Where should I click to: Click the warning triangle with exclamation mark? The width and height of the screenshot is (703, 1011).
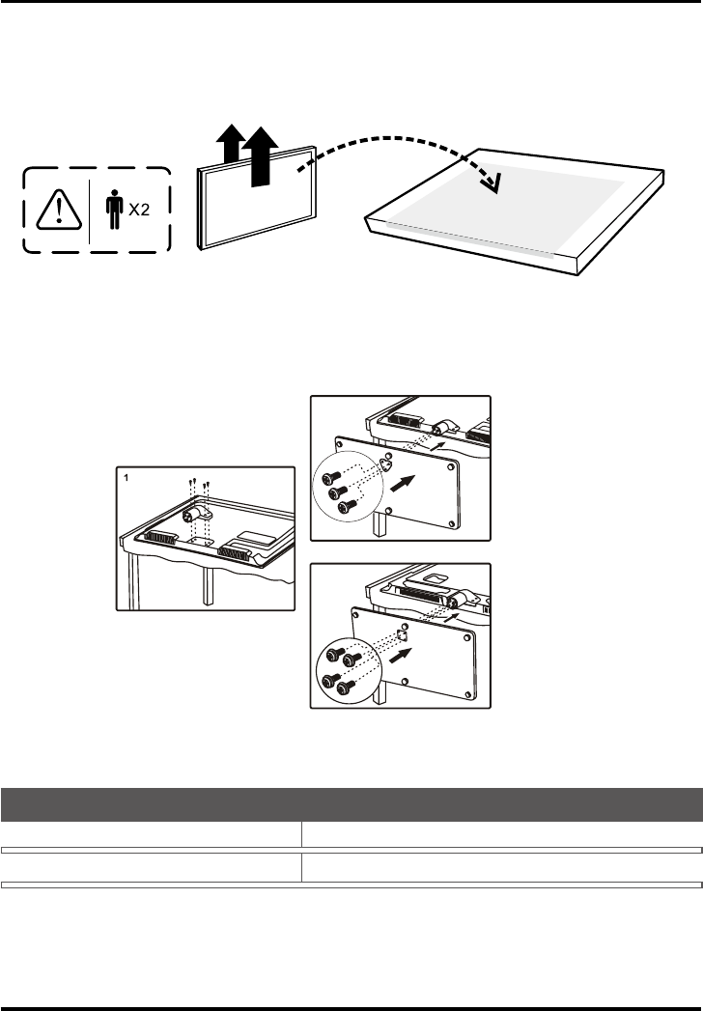click(59, 210)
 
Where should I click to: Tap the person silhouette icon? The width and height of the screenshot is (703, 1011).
click(115, 210)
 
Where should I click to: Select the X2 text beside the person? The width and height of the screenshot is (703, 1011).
click(139, 210)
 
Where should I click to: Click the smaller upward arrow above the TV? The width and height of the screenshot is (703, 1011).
click(230, 143)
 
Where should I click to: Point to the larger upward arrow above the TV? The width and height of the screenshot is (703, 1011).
click(260, 156)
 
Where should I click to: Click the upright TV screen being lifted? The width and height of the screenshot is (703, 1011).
click(257, 198)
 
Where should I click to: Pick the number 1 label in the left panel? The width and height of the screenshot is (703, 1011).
click(127, 478)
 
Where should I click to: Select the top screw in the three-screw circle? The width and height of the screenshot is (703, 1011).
click(331, 478)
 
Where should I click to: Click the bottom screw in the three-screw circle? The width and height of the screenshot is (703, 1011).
click(348, 506)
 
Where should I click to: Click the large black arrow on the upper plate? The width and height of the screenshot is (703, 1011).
click(403, 484)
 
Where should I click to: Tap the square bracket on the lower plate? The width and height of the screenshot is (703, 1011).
click(402, 635)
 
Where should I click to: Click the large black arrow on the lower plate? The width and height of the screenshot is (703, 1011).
click(400, 657)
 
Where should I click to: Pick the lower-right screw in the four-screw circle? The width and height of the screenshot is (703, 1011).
click(347, 688)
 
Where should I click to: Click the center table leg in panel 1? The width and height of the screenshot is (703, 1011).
click(207, 586)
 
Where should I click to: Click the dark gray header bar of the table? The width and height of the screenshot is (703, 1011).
click(351, 804)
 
